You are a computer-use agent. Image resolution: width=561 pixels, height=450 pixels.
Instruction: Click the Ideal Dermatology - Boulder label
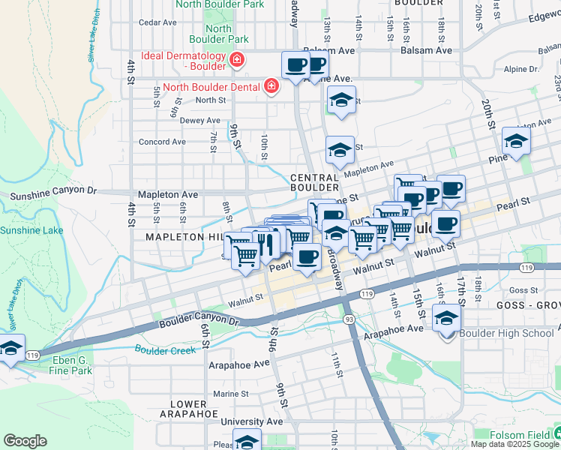tap(177, 61)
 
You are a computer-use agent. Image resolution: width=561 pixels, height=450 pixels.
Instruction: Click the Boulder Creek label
tap(165, 349)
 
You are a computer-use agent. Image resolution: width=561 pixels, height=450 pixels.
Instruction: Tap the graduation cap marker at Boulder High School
tap(447, 320)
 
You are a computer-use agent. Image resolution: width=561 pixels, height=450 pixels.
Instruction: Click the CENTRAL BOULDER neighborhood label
tap(315, 182)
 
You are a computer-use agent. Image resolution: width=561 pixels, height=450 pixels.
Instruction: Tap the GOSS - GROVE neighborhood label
tap(528, 306)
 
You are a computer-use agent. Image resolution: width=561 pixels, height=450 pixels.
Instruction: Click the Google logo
tap(25, 440)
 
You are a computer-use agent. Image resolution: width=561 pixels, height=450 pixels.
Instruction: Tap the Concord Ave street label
tap(162, 142)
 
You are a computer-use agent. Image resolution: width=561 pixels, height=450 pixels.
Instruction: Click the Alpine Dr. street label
tap(521, 69)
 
